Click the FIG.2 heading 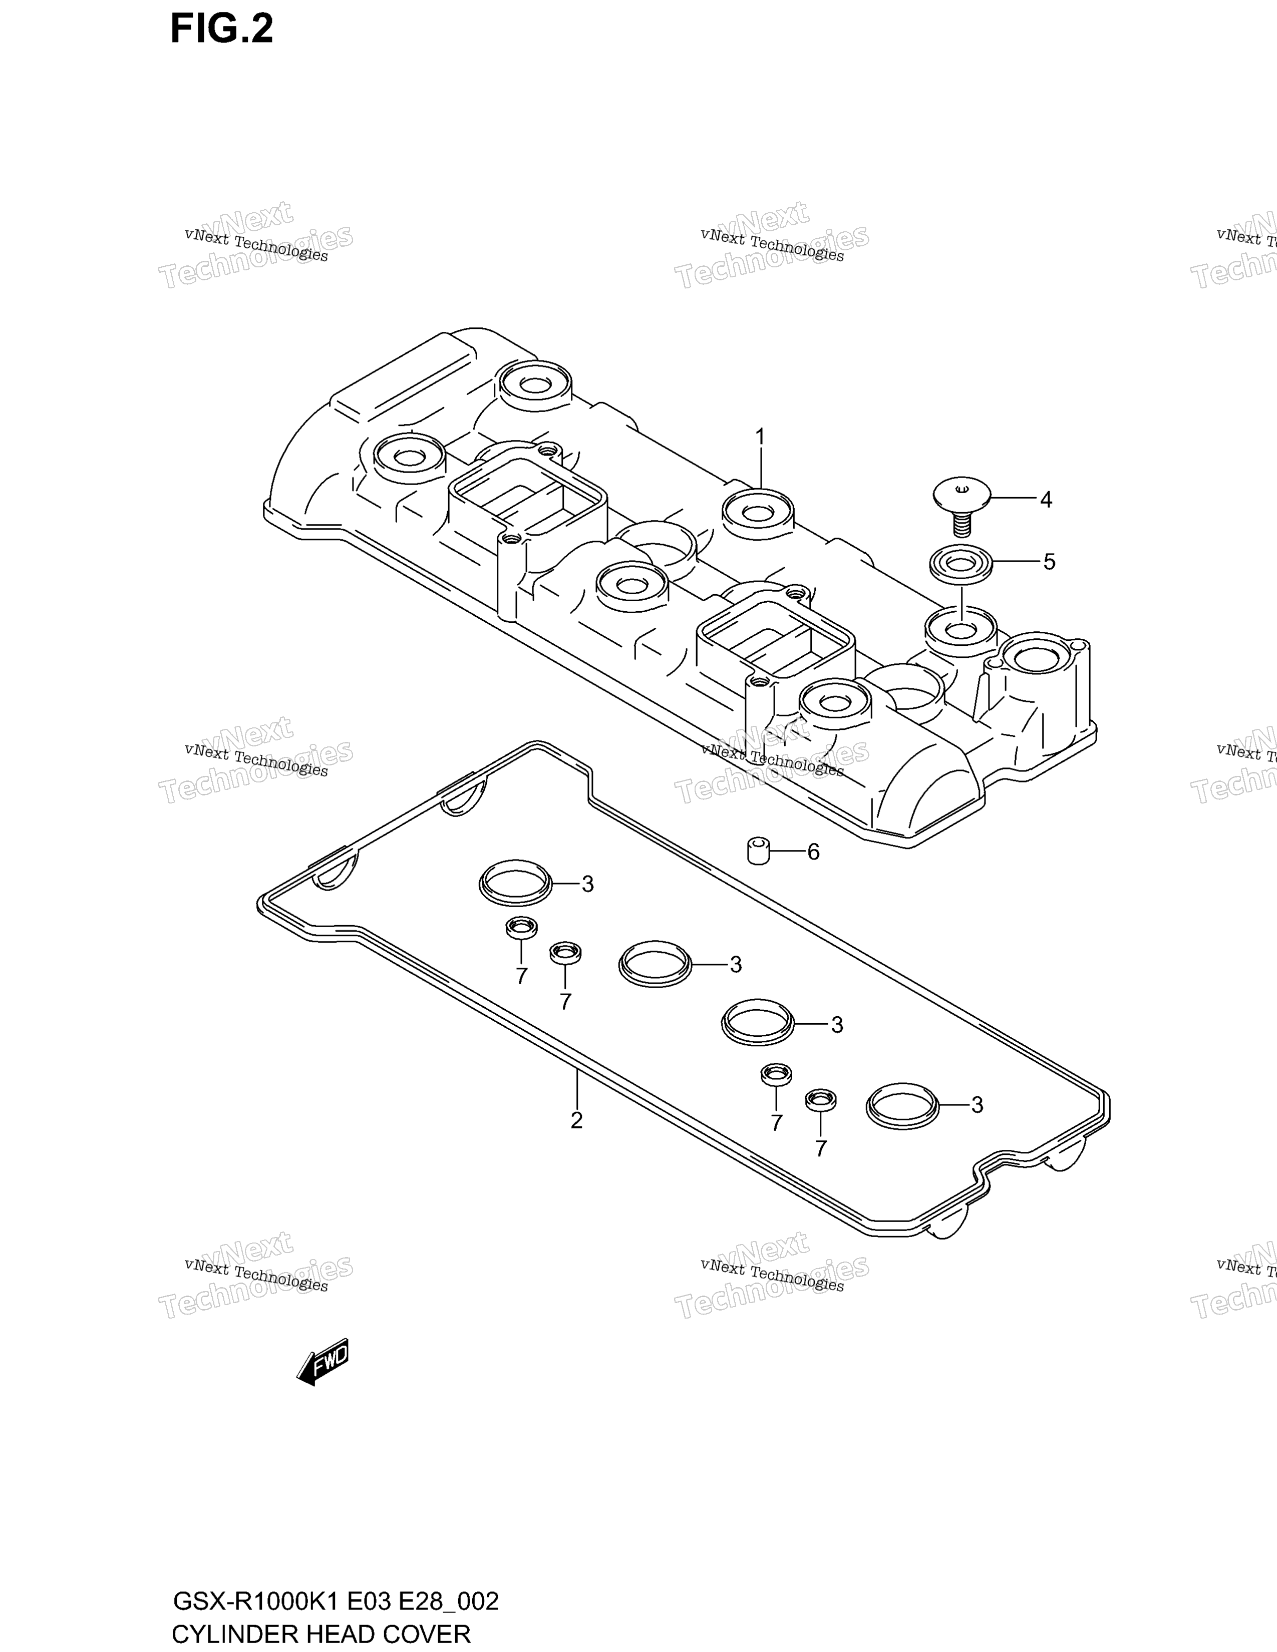(222, 30)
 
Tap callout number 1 (760, 437)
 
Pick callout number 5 (1049, 562)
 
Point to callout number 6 (813, 853)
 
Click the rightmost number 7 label (821, 1149)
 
